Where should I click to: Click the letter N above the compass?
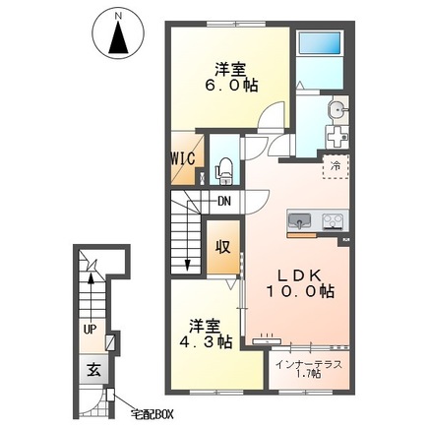click(118, 16)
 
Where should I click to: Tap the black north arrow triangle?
click(118, 36)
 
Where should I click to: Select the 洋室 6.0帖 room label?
click(231, 78)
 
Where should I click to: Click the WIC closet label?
click(183, 158)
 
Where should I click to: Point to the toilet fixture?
click(224, 171)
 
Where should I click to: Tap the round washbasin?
click(336, 108)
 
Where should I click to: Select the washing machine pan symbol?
click(337, 137)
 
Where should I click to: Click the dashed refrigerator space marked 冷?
click(336, 167)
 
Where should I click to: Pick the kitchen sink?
click(299, 220)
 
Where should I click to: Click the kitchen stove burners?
click(334, 220)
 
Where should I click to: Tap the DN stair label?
click(224, 201)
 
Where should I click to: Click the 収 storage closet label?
click(223, 247)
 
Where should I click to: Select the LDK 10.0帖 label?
click(299, 284)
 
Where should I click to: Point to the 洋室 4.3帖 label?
click(206, 334)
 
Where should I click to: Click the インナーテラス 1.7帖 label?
click(308, 369)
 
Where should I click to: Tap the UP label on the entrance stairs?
click(91, 330)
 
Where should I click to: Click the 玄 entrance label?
click(93, 370)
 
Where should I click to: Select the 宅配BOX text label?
click(152, 414)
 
